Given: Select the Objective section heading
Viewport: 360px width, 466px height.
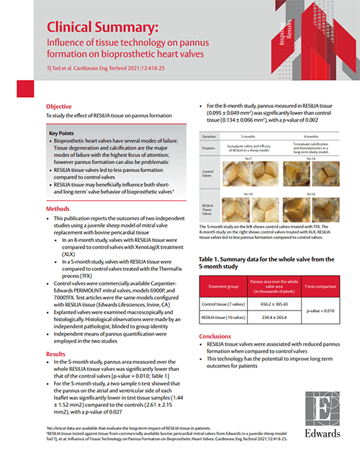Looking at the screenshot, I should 59,105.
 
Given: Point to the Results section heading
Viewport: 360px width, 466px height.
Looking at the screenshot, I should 56,354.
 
